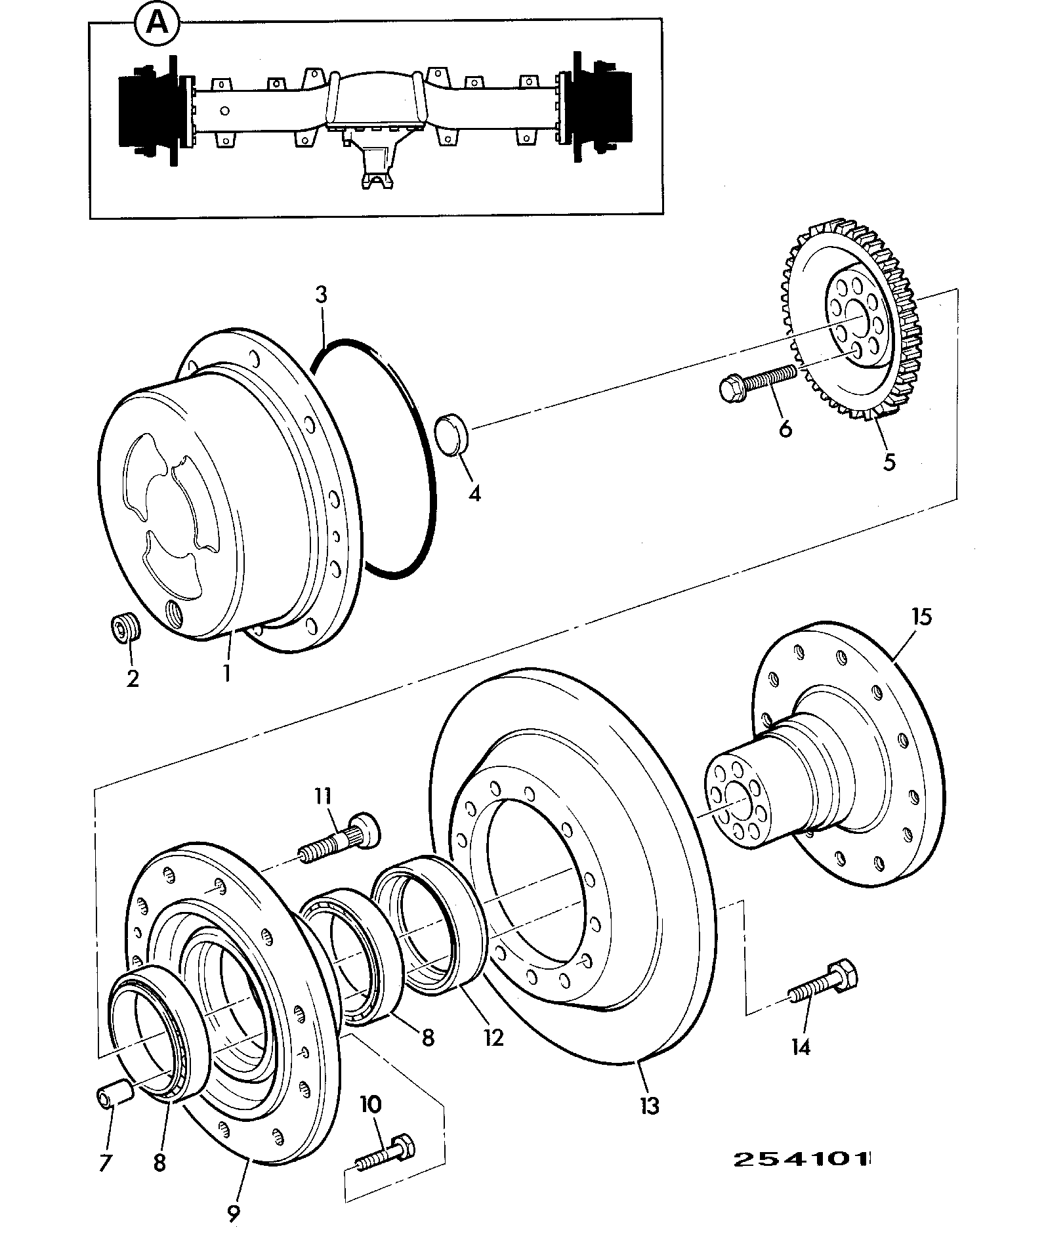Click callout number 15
pos(921,617)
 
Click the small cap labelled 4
pos(453,433)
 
